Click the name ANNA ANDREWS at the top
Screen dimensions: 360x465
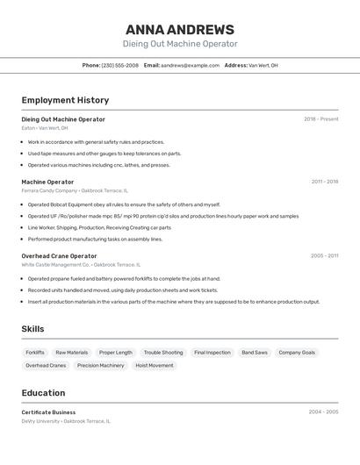coord(179,29)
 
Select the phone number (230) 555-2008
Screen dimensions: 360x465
coord(119,65)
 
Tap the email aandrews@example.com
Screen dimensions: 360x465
coord(190,65)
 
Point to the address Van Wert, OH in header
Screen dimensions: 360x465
coord(263,65)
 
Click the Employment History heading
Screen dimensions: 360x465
coord(65,100)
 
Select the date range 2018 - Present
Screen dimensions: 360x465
coord(320,119)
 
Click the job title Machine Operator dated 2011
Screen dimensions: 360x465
coord(47,182)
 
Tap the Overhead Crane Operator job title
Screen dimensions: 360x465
coord(59,256)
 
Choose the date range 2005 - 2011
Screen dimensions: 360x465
coord(324,256)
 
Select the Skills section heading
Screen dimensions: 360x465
coord(32,329)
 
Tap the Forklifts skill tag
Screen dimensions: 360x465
coord(35,353)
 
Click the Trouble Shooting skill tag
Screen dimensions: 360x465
coord(163,353)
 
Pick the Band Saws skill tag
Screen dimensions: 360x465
coord(255,353)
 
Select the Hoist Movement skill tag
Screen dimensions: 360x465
coord(154,366)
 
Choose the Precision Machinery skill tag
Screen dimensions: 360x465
coord(100,366)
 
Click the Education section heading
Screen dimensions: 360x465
coord(43,393)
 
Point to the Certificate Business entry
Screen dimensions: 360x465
coord(48,412)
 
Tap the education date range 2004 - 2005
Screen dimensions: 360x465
coord(323,411)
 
